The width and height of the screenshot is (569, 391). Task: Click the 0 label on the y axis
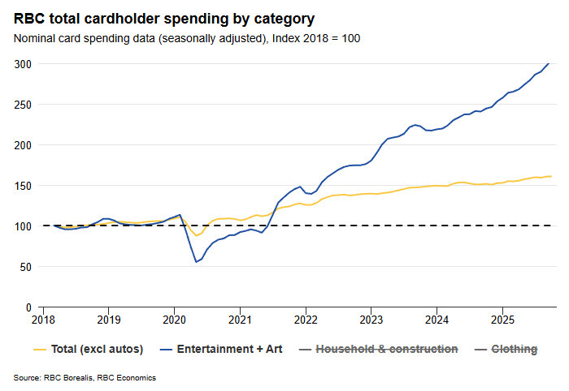29,307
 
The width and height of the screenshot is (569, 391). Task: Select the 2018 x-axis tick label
42,320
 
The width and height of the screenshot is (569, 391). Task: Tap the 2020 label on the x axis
174,320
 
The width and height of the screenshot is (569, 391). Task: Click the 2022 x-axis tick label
306,320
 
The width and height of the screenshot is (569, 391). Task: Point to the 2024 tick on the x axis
437,320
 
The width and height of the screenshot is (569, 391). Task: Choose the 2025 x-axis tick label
502,320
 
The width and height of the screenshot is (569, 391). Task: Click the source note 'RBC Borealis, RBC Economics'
85,378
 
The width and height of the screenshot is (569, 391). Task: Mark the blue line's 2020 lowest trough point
196,262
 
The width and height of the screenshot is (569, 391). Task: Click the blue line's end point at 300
549,63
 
